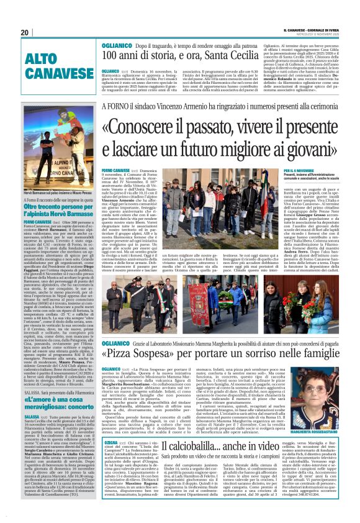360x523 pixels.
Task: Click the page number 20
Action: [x=24, y=32]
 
